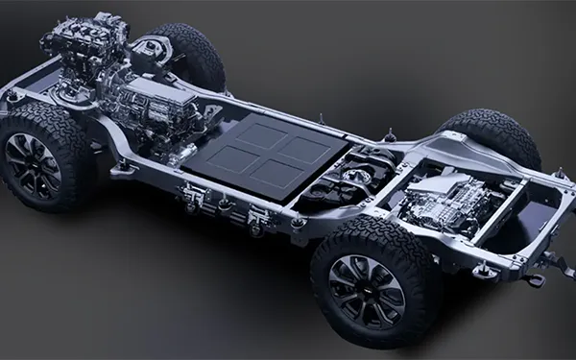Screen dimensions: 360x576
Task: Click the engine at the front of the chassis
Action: pyautogui.click(x=82, y=53)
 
